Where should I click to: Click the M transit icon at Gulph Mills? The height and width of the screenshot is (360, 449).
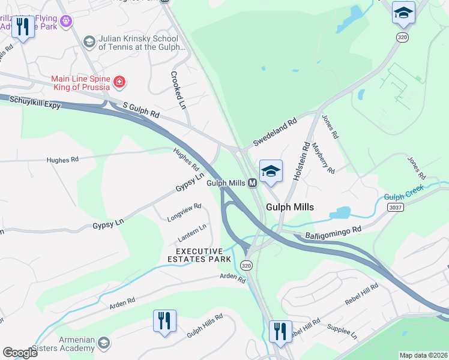(253, 183)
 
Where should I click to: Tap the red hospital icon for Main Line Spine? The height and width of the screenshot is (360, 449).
(119, 81)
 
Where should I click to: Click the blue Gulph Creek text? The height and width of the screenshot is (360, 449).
(404, 193)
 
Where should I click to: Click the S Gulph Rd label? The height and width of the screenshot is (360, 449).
(141, 109)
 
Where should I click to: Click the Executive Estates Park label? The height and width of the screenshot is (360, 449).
(203, 255)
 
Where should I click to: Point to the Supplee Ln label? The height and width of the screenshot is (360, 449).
(341, 332)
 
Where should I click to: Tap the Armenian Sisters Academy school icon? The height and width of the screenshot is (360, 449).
(103, 343)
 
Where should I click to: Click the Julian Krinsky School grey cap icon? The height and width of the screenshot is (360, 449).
(89, 41)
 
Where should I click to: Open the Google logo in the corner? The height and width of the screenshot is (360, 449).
(20, 353)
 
